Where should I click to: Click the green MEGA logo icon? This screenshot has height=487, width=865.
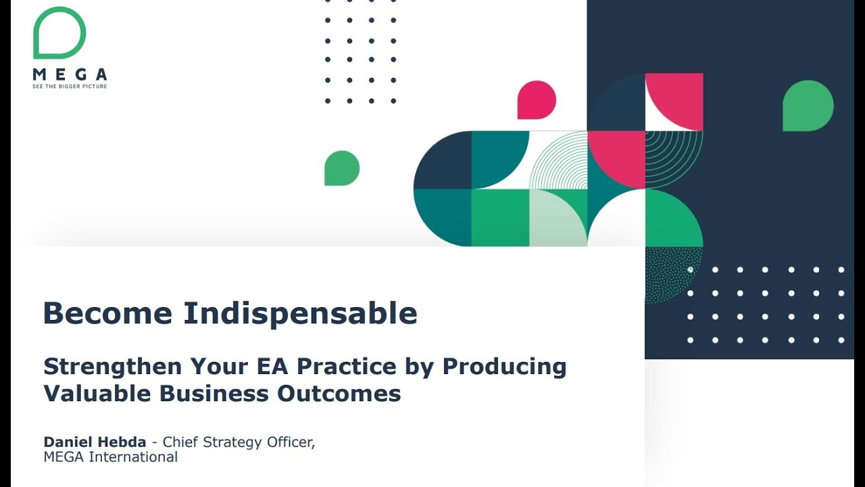pos(59,33)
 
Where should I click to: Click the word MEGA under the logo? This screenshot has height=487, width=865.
pos(70,74)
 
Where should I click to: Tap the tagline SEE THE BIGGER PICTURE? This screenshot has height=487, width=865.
pos(70,87)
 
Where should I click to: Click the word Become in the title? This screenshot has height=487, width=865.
pos(107,313)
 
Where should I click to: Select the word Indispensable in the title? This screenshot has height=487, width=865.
pos(301,313)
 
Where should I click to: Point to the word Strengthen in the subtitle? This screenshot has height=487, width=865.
pos(113,367)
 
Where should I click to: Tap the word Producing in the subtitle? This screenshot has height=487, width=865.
pos(504,367)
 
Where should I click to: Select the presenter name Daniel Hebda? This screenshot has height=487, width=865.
pos(95,442)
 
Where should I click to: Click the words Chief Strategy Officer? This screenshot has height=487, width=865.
pos(239,442)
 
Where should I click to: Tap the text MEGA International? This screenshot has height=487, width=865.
pos(111,457)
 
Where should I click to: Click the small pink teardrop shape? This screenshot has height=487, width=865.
pos(537,100)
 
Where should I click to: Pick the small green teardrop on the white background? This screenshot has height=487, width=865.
pos(342,168)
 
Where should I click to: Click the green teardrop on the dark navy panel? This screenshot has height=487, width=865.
pos(808,106)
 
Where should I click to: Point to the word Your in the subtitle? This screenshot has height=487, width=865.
pos(219,367)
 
